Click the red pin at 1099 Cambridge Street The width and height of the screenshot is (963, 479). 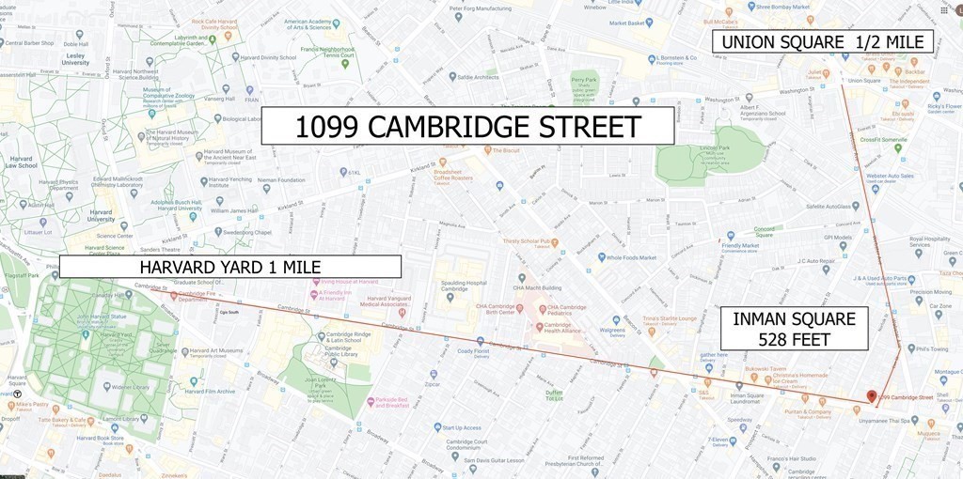click(x=871, y=396)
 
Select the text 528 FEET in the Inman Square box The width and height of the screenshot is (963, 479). click(x=795, y=338)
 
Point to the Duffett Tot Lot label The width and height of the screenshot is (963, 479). click(x=554, y=394)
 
